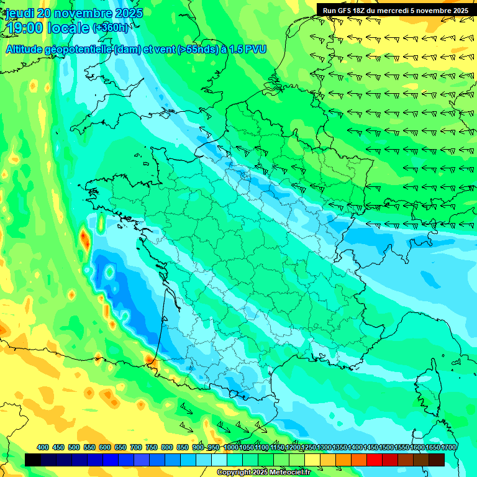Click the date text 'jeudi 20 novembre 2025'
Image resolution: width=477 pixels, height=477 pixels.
pyautogui.click(x=74, y=13)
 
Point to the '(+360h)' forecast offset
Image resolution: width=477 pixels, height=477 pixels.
pyautogui.click(x=111, y=28)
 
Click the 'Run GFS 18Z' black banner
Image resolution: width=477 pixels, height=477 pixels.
pyautogui.click(x=396, y=10)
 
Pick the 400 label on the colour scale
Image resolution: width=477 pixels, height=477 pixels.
pyautogui.click(x=43, y=447)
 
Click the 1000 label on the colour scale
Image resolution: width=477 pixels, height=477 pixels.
pyautogui.click(x=230, y=447)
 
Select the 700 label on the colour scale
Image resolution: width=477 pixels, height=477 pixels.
pyautogui.click(x=136, y=447)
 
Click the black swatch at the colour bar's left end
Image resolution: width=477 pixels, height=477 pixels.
pyautogui.click(x=33, y=460)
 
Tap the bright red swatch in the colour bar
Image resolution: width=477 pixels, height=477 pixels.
pyautogui.click(x=375, y=460)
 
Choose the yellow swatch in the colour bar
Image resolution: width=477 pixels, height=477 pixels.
pyautogui.click(x=312, y=460)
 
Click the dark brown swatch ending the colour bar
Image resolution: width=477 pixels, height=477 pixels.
pyautogui.click(x=437, y=460)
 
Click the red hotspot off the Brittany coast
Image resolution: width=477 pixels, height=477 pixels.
pyautogui.click(x=84, y=237)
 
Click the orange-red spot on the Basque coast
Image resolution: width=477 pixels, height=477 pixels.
pyautogui.click(x=148, y=358)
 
